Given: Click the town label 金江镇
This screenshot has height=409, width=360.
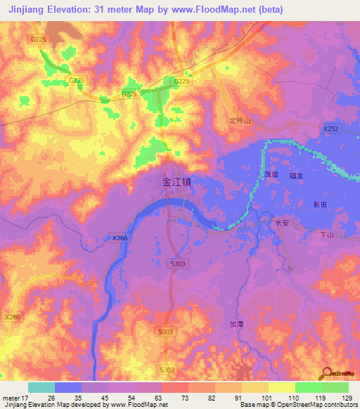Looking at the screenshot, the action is click(176, 181).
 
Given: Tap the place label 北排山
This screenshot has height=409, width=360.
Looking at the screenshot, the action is click(240, 121).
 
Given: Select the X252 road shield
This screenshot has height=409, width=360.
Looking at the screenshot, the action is click(331, 129).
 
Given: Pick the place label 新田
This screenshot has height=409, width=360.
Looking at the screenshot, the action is click(320, 204).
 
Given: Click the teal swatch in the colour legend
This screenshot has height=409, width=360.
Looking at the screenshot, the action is click(41, 387).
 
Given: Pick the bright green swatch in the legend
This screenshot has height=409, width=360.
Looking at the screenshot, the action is click(308, 387).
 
